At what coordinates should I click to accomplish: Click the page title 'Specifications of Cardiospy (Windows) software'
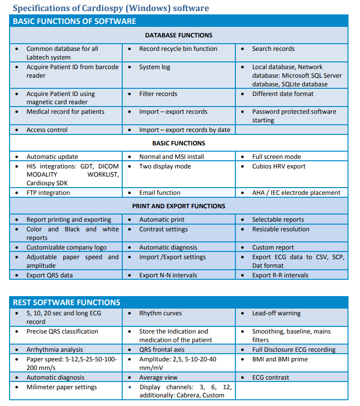click(111, 8)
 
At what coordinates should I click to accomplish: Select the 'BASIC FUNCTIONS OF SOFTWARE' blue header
click(74, 21)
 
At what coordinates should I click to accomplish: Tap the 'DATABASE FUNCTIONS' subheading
click(178, 35)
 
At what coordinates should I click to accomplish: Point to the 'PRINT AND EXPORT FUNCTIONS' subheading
click(178, 206)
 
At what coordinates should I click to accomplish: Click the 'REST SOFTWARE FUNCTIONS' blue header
click(67, 302)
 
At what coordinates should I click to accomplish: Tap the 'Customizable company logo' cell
click(67, 248)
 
